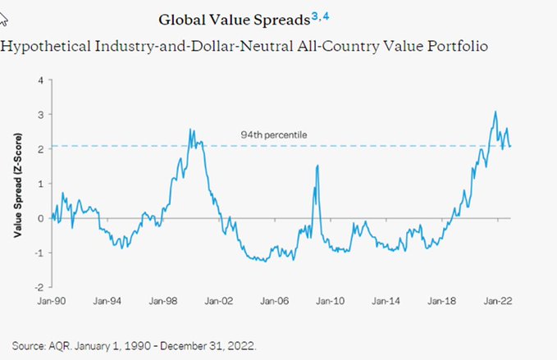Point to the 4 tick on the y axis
click(x=39, y=80)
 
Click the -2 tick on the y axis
click(x=37, y=287)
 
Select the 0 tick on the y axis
click(x=39, y=218)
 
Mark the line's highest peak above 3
click(x=495, y=112)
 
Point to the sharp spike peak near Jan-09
click(x=317, y=166)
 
